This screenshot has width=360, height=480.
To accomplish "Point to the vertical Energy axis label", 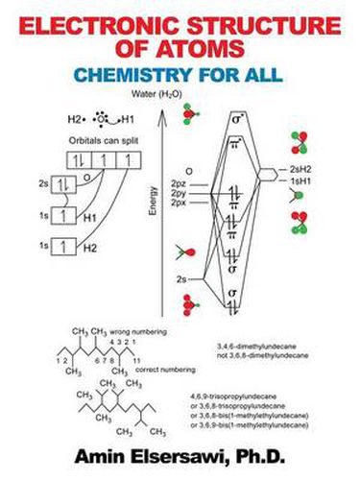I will [152, 197].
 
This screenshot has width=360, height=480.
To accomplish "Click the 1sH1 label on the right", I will [292, 180].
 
